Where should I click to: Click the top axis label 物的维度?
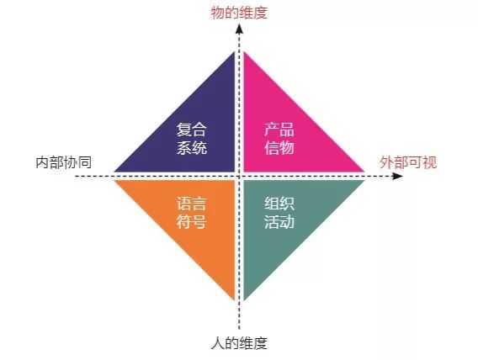coord(239,13)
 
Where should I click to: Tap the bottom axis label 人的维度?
coord(239,343)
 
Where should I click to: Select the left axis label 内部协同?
coord(63,162)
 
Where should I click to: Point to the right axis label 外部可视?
coord(408,162)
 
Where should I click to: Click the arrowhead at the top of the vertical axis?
coord(239,28)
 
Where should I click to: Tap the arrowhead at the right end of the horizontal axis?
coord(397,176)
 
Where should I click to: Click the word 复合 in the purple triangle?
coord(192,130)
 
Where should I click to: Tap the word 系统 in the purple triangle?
coord(192,147)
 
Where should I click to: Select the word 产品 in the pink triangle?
coord(279,130)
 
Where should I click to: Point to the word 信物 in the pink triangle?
coord(279,147)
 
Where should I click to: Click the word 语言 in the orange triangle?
coord(192,204)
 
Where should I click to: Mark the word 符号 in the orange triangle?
coord(192,222)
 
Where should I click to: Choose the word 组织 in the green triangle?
coord(279,204)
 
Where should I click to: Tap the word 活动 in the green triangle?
coord(279,222)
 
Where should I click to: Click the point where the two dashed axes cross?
coord(239,176)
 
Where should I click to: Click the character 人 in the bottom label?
coord(218,343)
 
